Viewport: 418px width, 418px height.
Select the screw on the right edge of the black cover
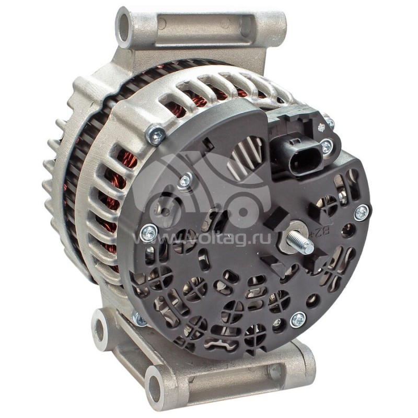[361, 212]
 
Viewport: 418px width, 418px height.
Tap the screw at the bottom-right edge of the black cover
[298, 319]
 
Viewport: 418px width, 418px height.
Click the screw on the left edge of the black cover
[149, 233]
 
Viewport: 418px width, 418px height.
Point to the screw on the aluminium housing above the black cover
[156, 134]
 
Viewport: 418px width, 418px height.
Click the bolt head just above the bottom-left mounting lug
[139, 318]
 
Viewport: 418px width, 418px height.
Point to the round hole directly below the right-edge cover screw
[349, 230]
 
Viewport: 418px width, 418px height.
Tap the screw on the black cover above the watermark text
[185, 181]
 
